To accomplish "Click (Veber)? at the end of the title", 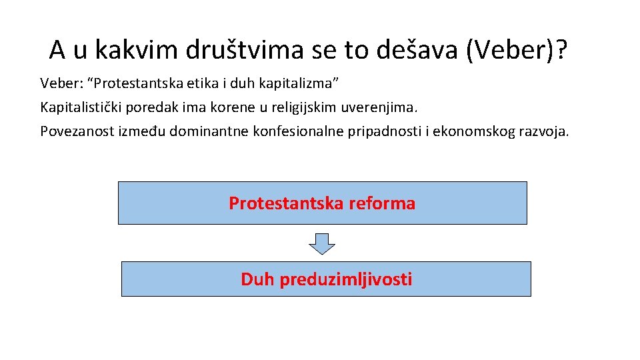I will (x=517, y=49).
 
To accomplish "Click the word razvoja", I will (x=544, y=131).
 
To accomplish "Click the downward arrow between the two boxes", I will (x=323, y=243).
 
